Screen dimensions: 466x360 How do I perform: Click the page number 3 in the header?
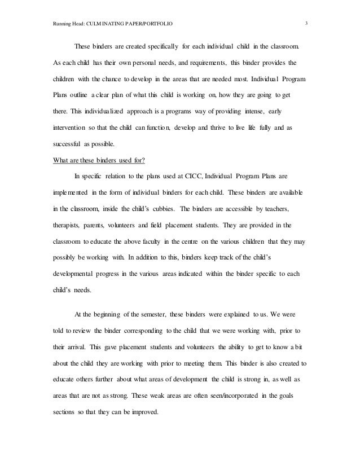[x=305, y=23]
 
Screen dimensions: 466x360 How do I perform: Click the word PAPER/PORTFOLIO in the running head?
[x=145, y=23]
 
